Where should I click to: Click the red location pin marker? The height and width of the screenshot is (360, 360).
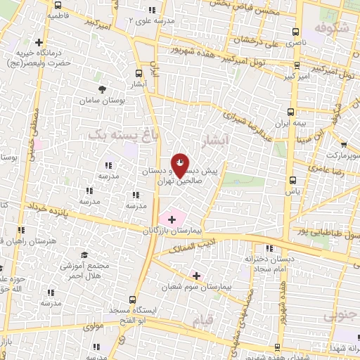point(181,165)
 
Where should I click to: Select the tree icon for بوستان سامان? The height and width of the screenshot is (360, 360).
point(103,89)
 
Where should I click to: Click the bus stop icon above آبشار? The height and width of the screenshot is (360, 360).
point(138,72)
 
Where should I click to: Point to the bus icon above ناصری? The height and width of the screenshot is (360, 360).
point(296,32)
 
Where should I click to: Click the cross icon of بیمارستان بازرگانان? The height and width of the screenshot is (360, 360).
point(172,220)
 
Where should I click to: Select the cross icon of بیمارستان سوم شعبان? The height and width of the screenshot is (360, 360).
point(196,276)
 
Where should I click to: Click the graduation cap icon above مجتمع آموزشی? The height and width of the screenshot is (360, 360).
point(84,255)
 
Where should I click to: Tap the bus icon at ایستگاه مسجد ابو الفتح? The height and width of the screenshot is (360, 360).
point(134,298)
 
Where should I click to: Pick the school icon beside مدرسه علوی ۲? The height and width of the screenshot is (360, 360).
point(152,10)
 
